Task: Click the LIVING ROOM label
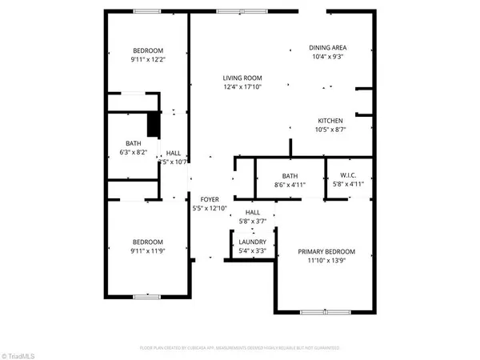coord(242,78)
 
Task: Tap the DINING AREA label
coord(327,47)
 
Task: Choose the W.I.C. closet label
coord(348,175)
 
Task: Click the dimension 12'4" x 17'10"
coord(242,86)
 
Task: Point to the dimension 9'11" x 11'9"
coord(148,251)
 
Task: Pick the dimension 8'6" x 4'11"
coord(290,185)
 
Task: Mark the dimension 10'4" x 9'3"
coord(327,56)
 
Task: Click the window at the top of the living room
coord(239,11)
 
